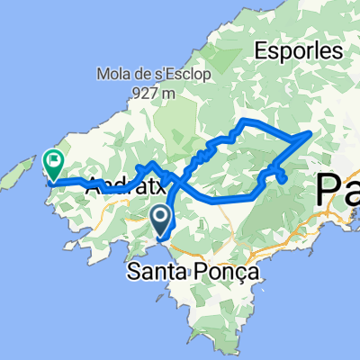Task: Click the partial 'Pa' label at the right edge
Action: click(x=338, y=191)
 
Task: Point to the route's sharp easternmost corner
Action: click(x=311, y=133)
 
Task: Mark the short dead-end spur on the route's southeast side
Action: click(x=283, y=178)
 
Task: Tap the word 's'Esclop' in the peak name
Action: click(x=171, y=74)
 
